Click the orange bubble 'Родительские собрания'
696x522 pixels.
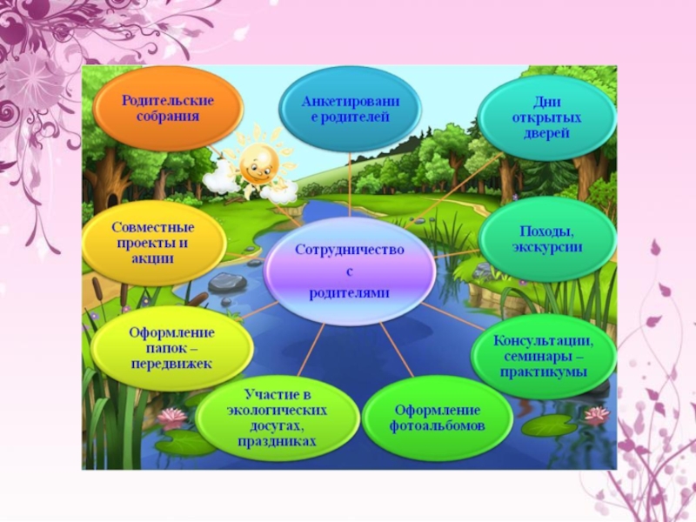tap(168, 108)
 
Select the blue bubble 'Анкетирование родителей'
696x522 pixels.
tap(350, 108)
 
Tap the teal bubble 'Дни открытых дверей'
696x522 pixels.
tap(546, 117)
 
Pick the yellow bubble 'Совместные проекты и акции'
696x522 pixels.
tap(154, 242)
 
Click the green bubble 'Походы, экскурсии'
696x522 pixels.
tap(546, 238)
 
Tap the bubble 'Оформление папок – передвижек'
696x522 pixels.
tap(171, 348)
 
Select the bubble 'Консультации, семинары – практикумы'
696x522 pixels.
tap(544, 355)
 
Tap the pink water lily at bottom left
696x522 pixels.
tap(173, 416)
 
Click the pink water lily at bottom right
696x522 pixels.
tap(596, 414)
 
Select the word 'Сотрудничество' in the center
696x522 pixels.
tap(350, 250)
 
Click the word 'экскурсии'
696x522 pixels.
tap(547, 247)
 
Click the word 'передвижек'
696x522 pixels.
tap(171, 364)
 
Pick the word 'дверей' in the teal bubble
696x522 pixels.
tap(546, 133)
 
